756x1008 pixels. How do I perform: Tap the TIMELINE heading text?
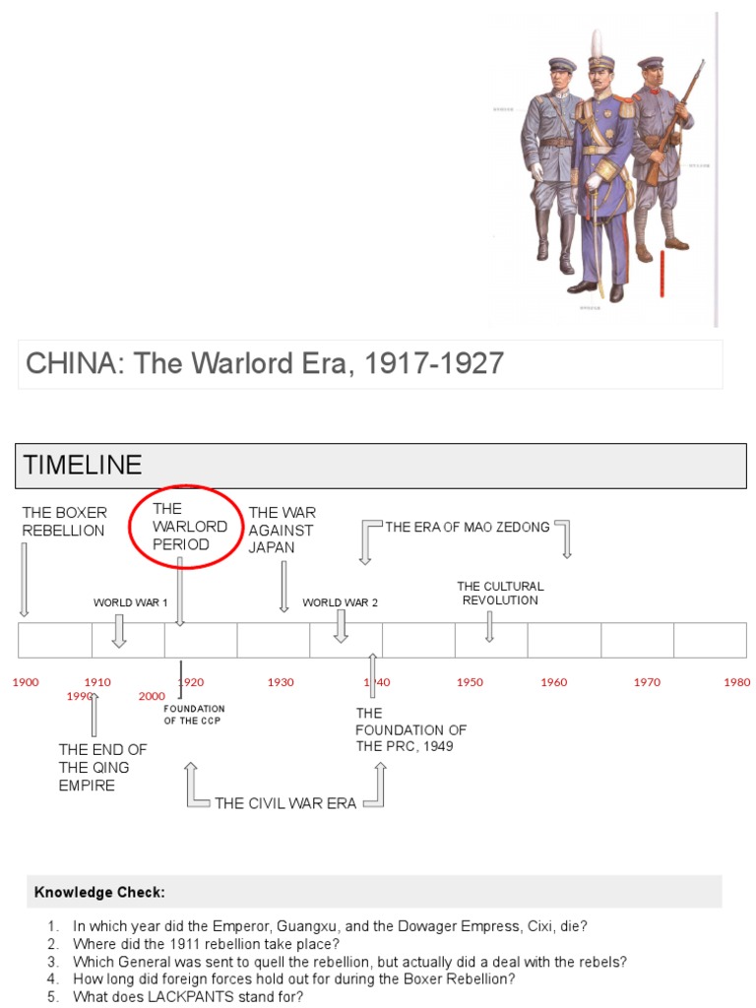pyautogui.click(x=83, y=466)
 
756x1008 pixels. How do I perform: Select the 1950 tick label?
pyautogui.click(x=470, y=682)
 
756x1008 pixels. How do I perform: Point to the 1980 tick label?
pyautogui.click(x=736, y=682)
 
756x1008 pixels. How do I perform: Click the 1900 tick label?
pyautogui.click(x=26, y=682)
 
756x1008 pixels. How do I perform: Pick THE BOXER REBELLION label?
pyautogui.click(x=64, y=522)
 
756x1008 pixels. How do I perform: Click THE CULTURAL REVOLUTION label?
pyautogui.click(x=500, y=593)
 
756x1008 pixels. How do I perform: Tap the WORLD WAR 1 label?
pyautogui.click(x=131, y=602)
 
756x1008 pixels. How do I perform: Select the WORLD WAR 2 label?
pyautogui.click(x=340, y=602)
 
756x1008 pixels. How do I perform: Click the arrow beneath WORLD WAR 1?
pyautogui.click(x=119, y=630)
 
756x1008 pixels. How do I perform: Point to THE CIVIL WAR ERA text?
pyautogui.click(x=285, y=803)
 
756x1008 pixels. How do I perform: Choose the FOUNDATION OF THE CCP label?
pyautogui.click(x=194, y=715)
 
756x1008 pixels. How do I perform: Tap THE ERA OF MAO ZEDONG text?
pyautogui.click(x=468, y=528)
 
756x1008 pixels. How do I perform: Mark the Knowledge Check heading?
pyautogui.click(x=99, y=893)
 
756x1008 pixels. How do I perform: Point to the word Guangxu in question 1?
pyautogui.click(x=307, y=926)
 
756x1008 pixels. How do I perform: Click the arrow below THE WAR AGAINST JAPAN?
pyautogui.click(x=284, y=587)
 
